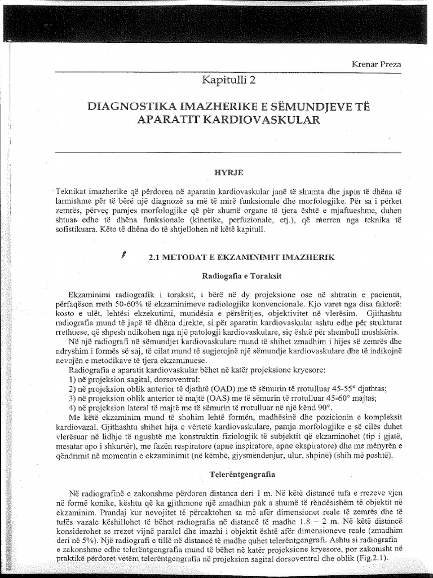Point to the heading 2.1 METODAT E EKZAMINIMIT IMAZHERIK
pos(242,257)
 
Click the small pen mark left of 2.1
pos(123,255)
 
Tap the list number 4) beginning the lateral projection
pos(72,407)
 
